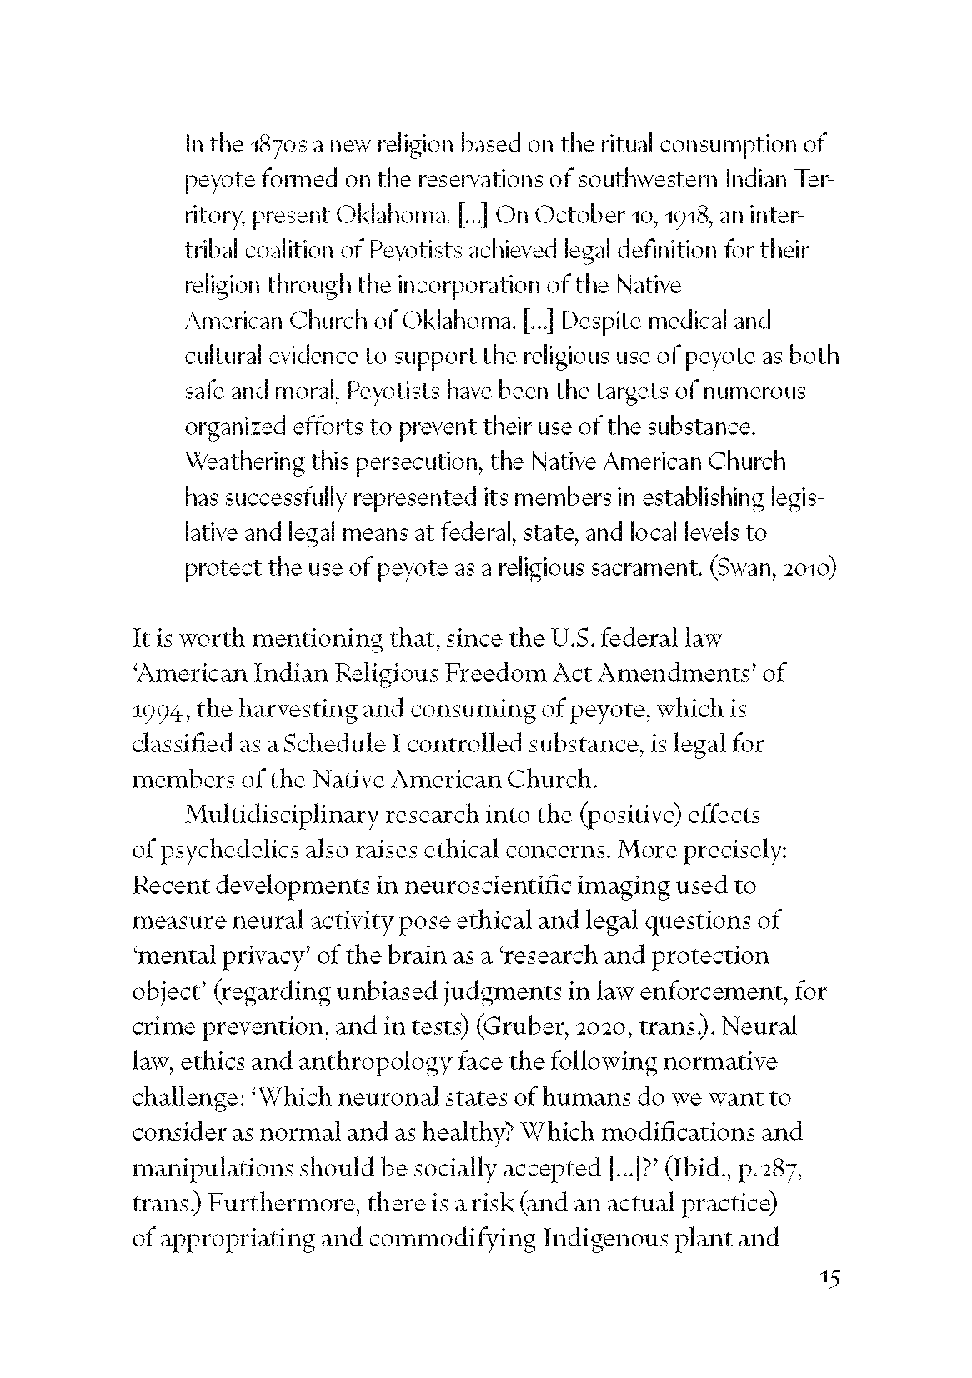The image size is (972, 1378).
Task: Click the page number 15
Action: [x=829, y=1301]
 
